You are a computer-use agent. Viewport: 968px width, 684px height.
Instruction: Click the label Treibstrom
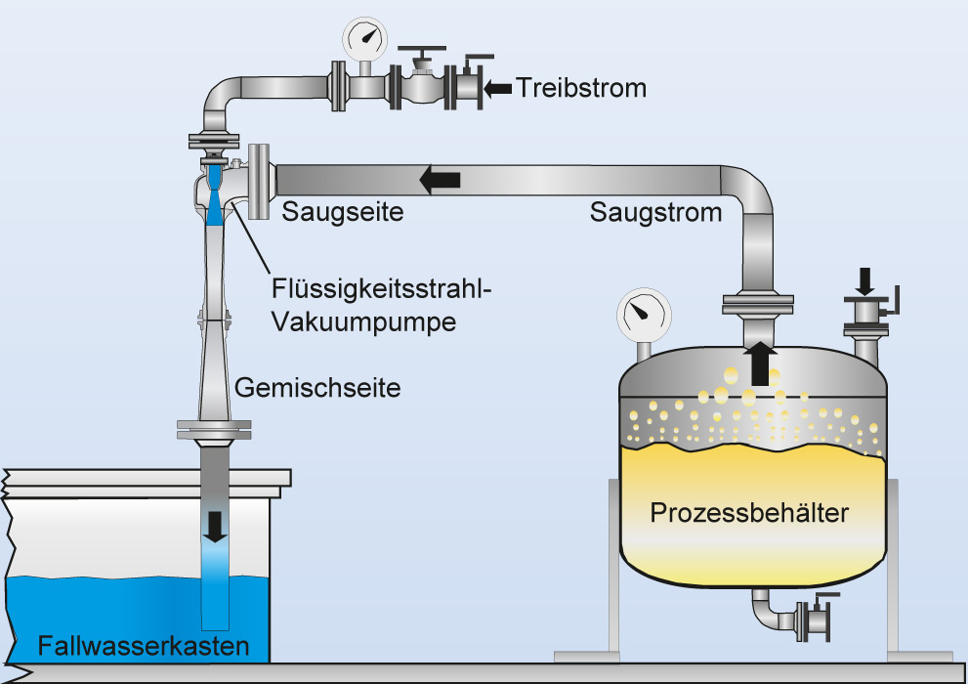pyautogui.click(x=582, y=88)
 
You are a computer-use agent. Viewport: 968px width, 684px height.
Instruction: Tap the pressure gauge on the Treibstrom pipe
pyautogui.click(x=362, y=39)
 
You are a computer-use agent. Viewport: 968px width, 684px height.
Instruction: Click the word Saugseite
pyautogui.click(x=343, y=211)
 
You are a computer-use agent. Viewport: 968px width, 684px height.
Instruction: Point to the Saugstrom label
pyautogui.click(x=655, y=212)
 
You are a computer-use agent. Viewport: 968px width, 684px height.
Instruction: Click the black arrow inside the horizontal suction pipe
pyautogui.click(x=441, y=179)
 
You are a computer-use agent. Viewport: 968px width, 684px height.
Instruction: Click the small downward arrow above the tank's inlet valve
pyautogui.click(x=865, y=281)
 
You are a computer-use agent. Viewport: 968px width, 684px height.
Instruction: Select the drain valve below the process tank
pyautogui.click(x=811, y=620)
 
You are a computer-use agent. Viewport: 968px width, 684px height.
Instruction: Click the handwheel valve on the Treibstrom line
pyautogui.click(x=422, y=84)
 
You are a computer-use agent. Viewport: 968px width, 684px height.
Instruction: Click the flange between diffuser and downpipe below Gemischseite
pyautogui.click(x=214, y=429)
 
